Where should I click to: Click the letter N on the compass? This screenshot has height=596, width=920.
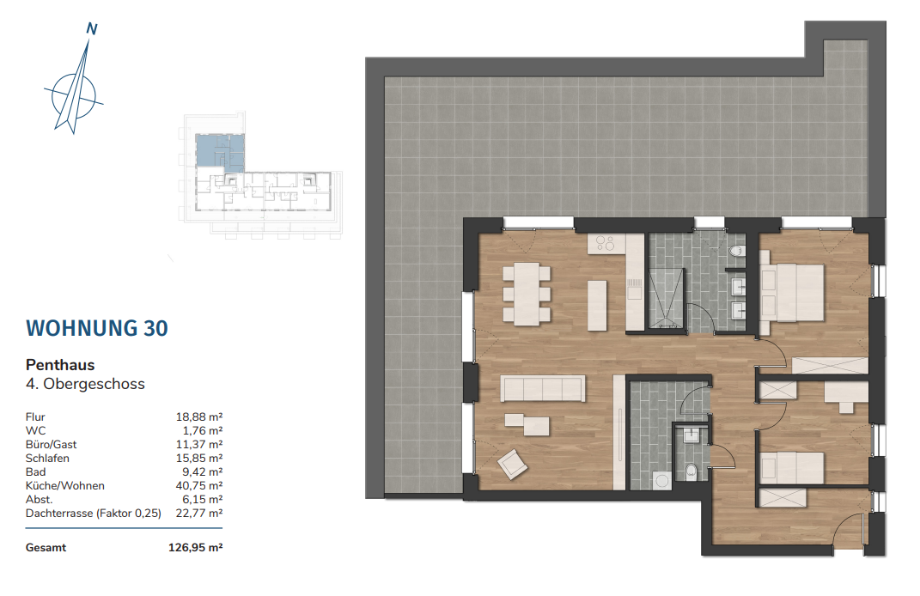[92, 28]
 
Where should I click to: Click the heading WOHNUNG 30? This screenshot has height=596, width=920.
[97, 329]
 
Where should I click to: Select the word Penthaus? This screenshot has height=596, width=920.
[60, 365]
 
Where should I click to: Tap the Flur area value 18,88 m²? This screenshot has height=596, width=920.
[199, 417]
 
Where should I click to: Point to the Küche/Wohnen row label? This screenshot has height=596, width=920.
[64, 486]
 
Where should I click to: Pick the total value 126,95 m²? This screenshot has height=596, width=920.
[195, 547]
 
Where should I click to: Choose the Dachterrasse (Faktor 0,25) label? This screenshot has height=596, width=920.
[94, 514]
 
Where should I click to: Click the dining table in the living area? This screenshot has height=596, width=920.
[527, 294]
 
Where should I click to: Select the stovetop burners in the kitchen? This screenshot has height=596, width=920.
[605, 243]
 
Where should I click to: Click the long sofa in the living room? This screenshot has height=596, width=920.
[543, 388]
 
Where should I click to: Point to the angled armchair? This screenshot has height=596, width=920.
[512, 464]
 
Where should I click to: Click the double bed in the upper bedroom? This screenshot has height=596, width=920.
[792, 292]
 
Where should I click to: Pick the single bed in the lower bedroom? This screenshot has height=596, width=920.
[792, 468]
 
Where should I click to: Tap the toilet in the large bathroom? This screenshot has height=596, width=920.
[736, 252]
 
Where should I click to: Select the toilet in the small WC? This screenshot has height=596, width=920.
[692, 471]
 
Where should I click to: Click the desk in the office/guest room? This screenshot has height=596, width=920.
[845, 397]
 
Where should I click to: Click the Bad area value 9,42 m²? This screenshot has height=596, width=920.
[203, 472]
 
